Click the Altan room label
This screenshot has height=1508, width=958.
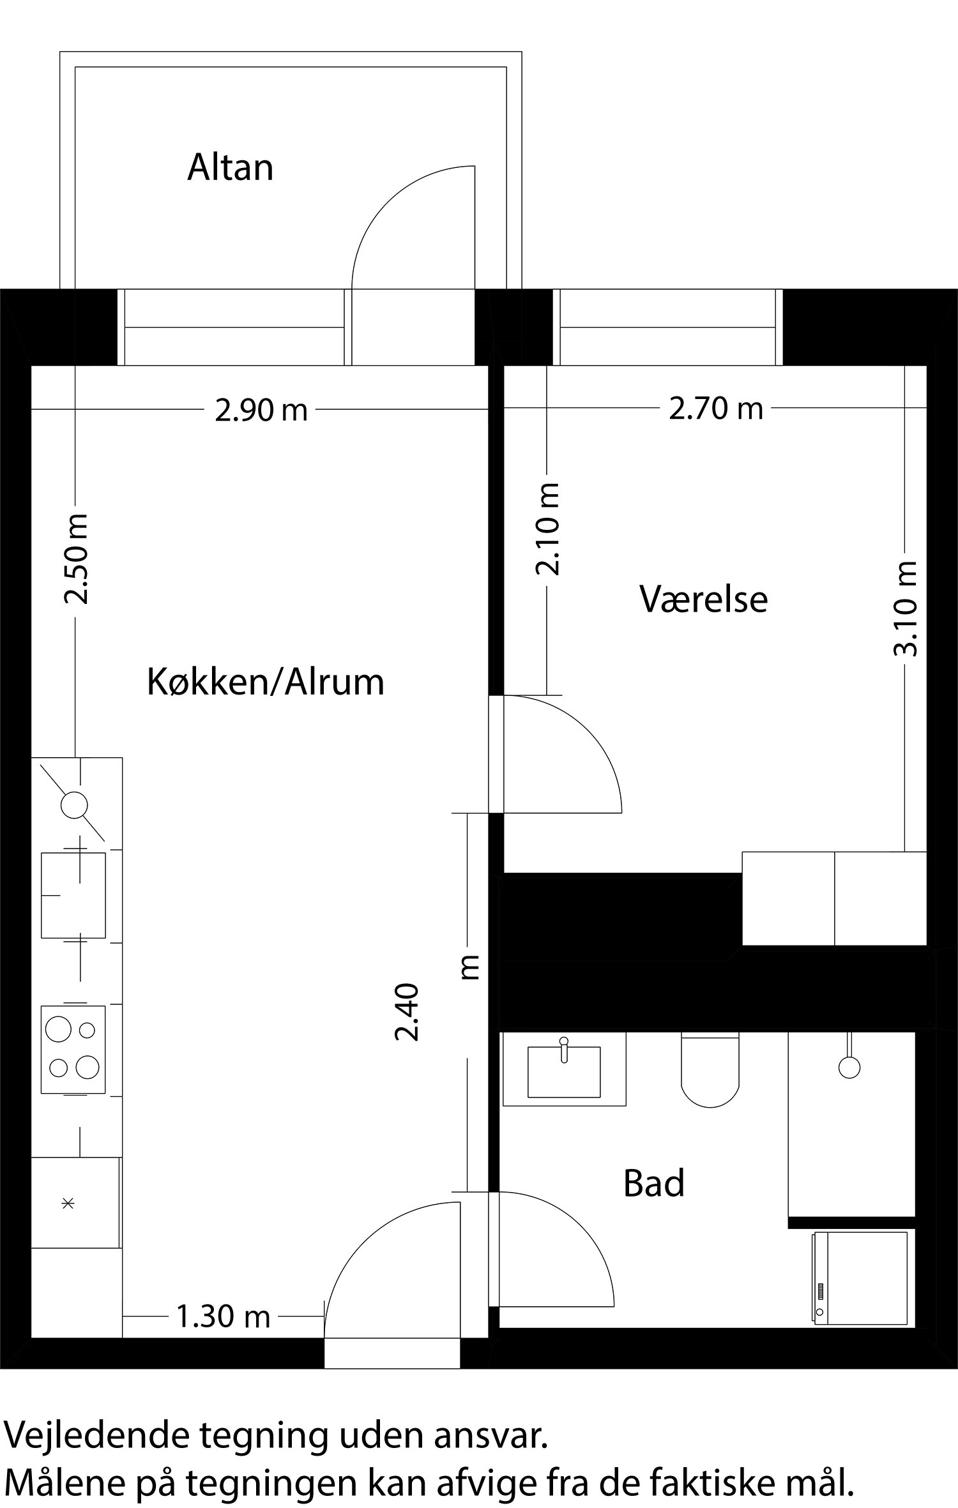click(230, 168)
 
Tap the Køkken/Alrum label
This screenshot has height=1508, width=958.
click(266, 682)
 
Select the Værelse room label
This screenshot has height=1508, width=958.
click(703, 599)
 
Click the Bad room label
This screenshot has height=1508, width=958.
click(653, 1183)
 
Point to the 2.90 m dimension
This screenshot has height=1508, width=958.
click(261, 410)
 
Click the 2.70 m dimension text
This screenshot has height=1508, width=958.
click(715, 408)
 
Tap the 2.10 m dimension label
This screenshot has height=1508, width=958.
click(548, 529)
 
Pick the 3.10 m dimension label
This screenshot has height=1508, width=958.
click(905, 608)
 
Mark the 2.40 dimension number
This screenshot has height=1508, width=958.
click(406, 1013)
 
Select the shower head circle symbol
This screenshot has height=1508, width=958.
click(849, 1067)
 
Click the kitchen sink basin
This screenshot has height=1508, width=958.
click(73, 895)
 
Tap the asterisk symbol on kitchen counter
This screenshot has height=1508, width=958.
click(68, 1203)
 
